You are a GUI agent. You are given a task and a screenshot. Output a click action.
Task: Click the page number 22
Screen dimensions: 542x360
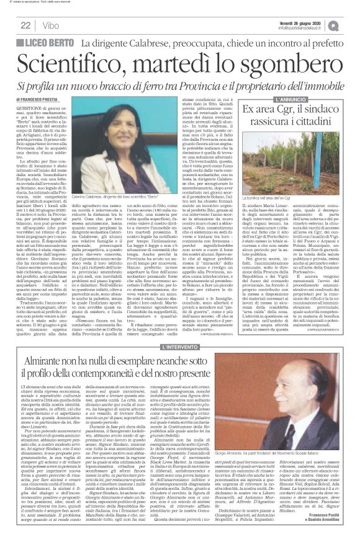coord(25,25)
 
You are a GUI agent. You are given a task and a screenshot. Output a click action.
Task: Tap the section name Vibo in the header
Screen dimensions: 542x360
coord(52,25)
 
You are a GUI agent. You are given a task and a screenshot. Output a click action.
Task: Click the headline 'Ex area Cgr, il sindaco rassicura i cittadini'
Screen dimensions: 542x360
coord(299,118)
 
